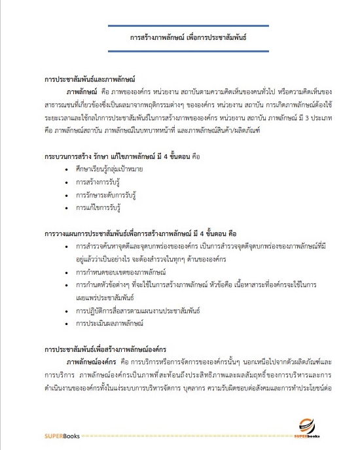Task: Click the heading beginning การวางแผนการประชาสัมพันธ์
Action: [x=145, y=234]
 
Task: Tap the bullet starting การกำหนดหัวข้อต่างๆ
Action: [x=196, y=285]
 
